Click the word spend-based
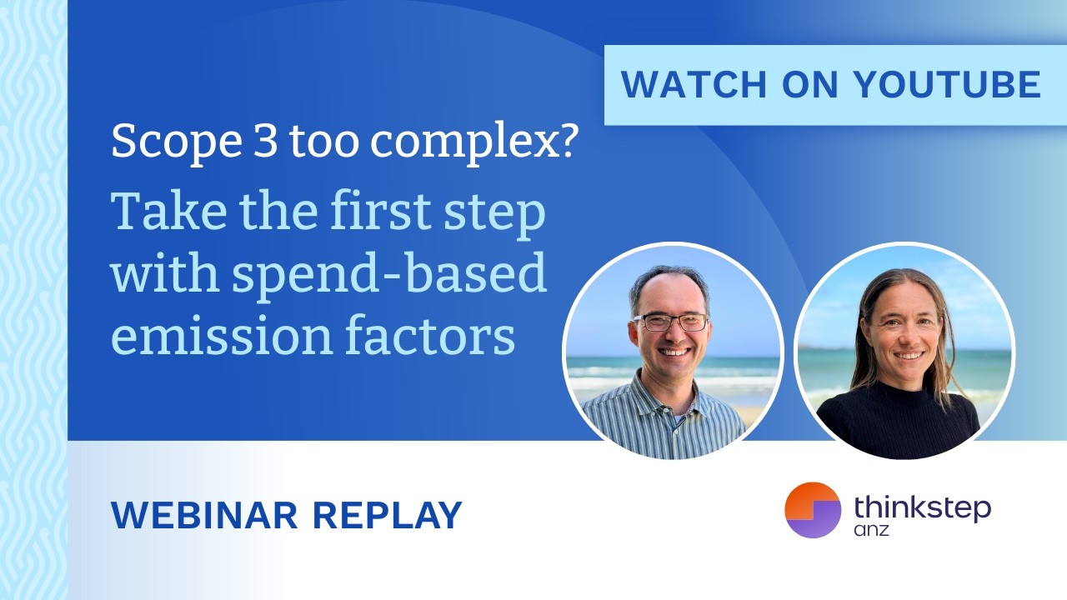click(x=390, y=275)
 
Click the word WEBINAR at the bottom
click(x=204, y=515)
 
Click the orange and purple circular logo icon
click(x=813, y=510)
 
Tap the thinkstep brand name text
click(x=922, y=507)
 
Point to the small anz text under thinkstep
click(x=872, y=531)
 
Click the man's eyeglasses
click(x=670, y=322)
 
